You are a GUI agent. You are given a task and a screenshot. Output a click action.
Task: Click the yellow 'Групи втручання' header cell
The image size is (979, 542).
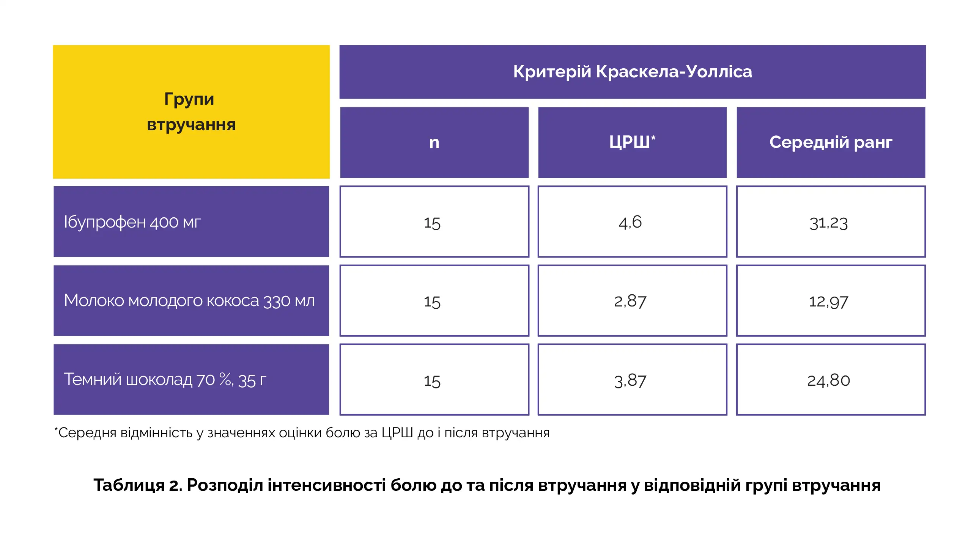pos(191,112)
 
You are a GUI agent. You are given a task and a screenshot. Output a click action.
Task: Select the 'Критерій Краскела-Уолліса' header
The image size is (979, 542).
pos(633,72)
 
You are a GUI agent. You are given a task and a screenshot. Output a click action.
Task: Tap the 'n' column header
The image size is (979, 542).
pos(434,143)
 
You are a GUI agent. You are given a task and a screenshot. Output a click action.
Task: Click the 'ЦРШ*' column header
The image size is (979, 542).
pos(633,143)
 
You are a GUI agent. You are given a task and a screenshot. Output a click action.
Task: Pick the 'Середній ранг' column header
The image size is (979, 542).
pos(831,143)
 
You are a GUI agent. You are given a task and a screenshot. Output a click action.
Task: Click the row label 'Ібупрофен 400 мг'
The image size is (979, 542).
pos(132,222)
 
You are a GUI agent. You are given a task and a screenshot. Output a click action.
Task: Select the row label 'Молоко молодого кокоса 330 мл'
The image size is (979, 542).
pos(189,301)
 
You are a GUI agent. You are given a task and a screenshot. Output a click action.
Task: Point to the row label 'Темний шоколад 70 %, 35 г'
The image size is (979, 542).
pos(165,380)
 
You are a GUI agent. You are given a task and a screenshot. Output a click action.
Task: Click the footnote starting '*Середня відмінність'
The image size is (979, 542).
pos(302,433)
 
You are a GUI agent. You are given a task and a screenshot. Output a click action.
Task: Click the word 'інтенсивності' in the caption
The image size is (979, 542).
pos(326,485)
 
